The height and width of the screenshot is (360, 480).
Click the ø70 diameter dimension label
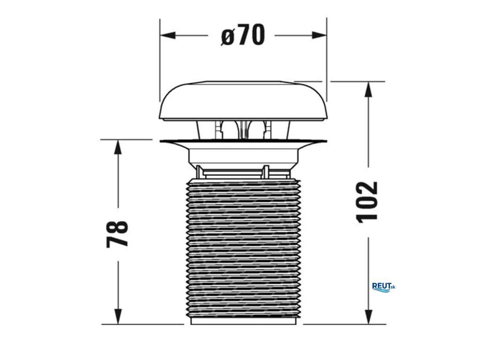[243, 35]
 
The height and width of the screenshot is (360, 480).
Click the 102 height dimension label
[367, 202]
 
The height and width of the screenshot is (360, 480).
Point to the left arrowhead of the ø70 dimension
[168, 35]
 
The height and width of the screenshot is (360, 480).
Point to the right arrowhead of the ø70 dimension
[319, 35]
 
